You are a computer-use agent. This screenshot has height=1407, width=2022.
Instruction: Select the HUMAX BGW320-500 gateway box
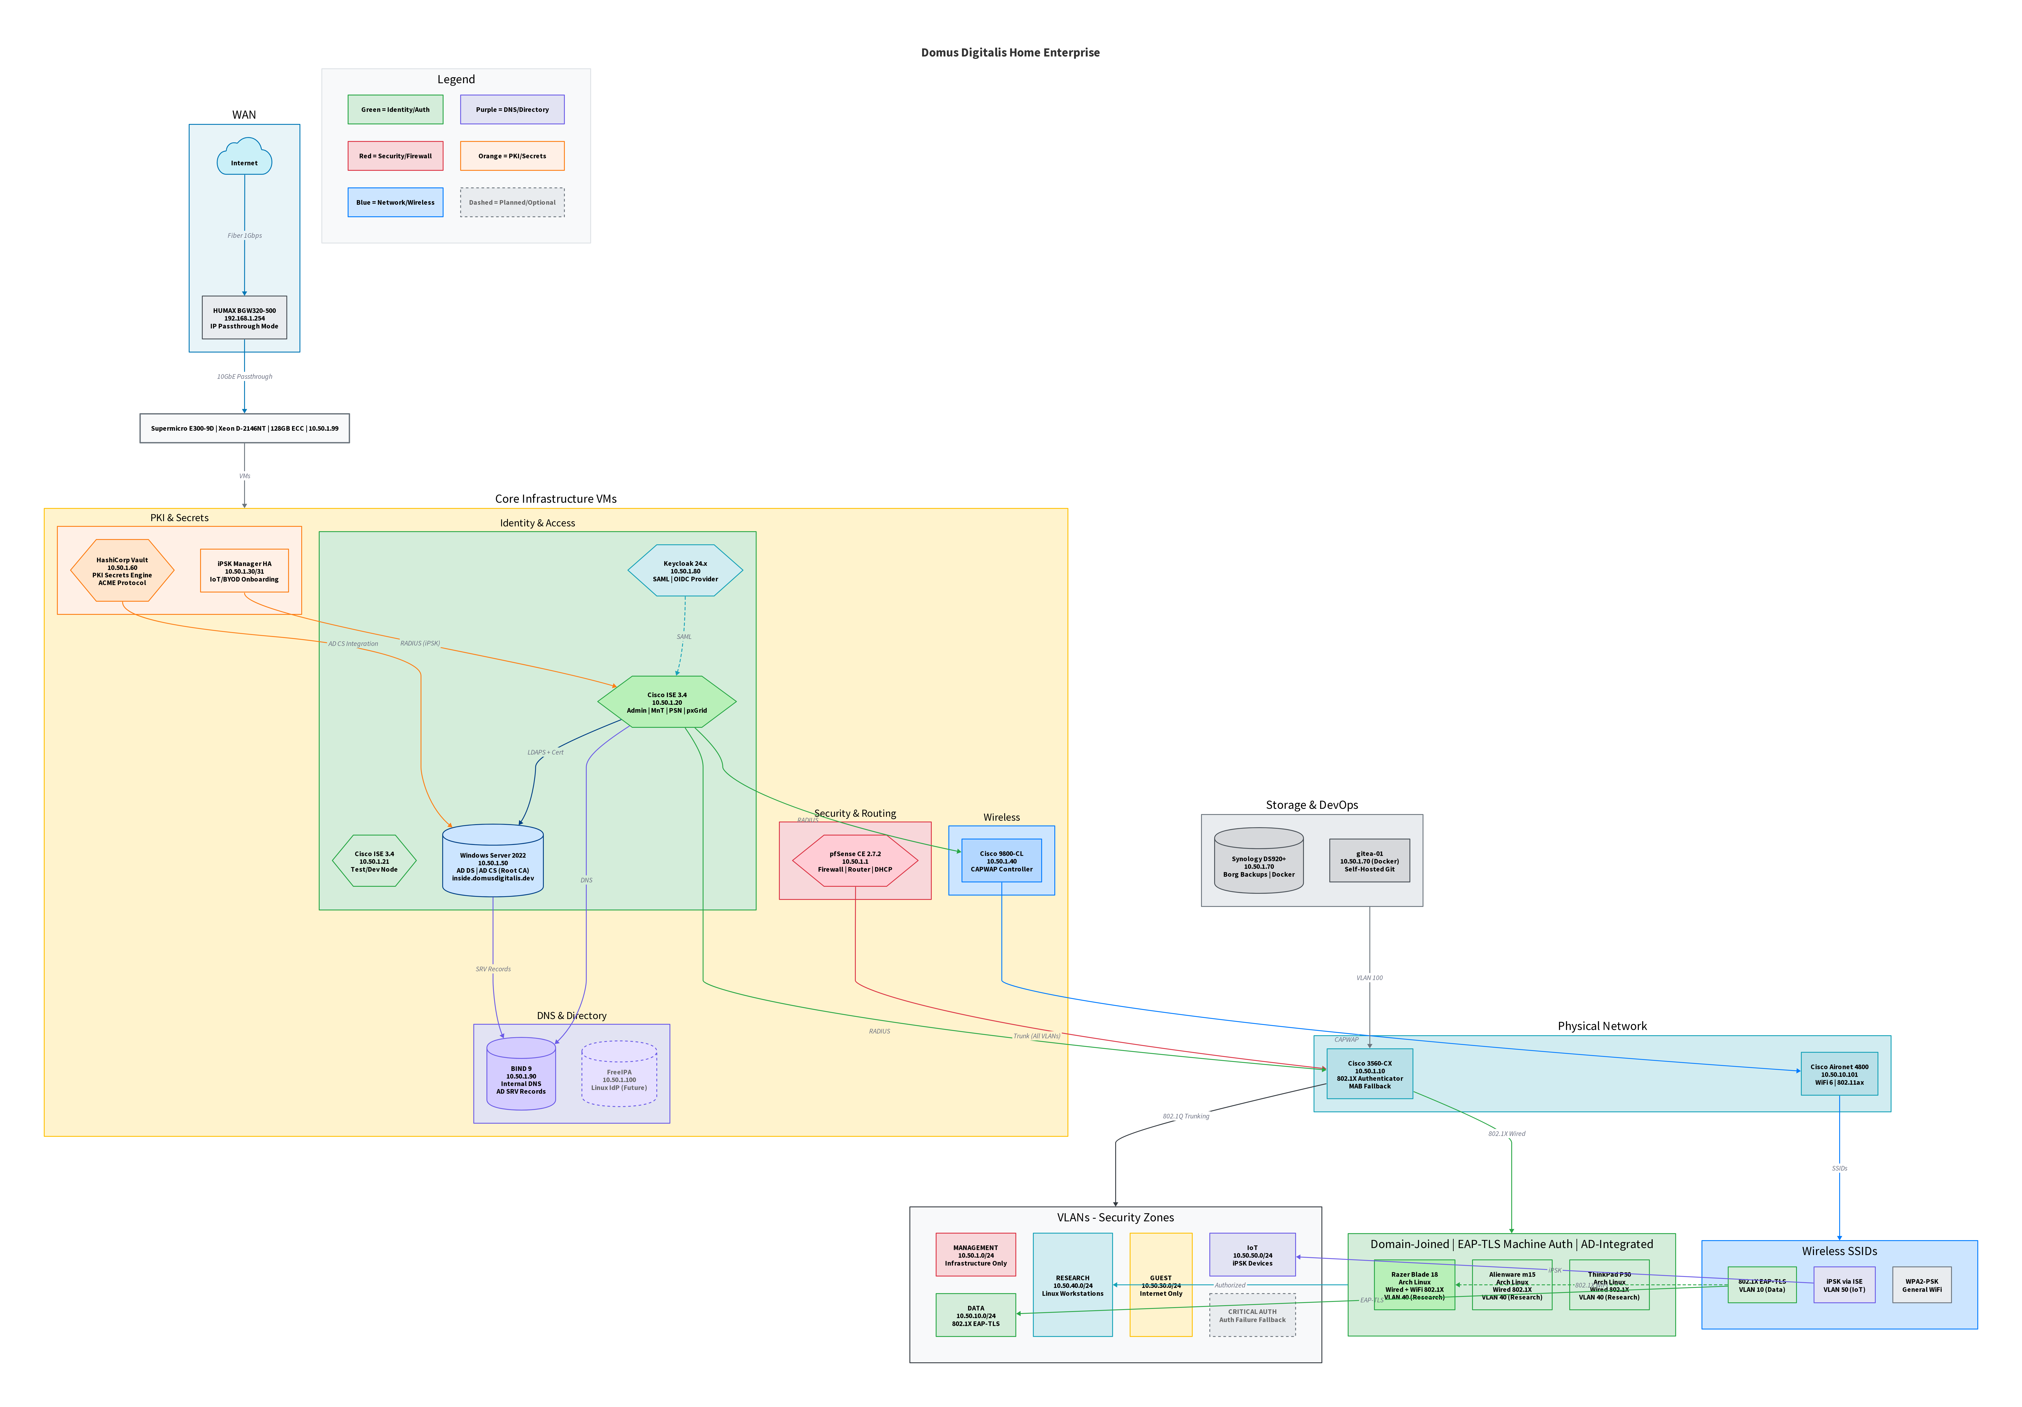tap(244, 318)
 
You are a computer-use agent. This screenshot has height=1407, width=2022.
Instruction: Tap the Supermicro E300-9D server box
tap(244, 428)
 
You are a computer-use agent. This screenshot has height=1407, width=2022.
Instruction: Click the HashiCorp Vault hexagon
tap(122, 571)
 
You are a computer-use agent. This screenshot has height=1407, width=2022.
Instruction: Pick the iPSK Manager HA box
tap(244, 571)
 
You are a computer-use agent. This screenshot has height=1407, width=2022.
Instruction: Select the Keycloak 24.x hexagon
tap(685, 571)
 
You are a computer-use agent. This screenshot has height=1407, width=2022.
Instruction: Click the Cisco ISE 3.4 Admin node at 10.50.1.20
tap(667, 702)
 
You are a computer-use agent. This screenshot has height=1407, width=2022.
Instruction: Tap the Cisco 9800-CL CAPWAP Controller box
tap(1001, 861)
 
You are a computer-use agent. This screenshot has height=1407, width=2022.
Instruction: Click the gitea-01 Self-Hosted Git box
tap(1369, 861)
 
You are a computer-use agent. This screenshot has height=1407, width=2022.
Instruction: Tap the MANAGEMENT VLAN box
tap(976, 1255)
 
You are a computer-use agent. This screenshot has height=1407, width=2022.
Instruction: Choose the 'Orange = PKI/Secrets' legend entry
tap(512, 156)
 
